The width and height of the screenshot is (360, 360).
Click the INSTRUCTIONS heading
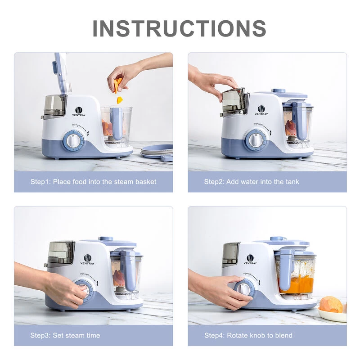tap(180, 28)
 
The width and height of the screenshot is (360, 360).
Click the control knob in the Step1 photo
tap(72, 140)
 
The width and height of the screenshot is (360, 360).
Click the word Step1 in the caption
tap(40, 182)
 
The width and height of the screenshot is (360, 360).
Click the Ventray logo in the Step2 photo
tap(261, 110)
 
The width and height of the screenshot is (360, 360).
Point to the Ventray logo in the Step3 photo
tap(87, 260)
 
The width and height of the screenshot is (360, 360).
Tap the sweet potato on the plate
tap(332, 304)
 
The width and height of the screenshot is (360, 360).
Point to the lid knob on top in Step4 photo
tap(277, 238)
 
